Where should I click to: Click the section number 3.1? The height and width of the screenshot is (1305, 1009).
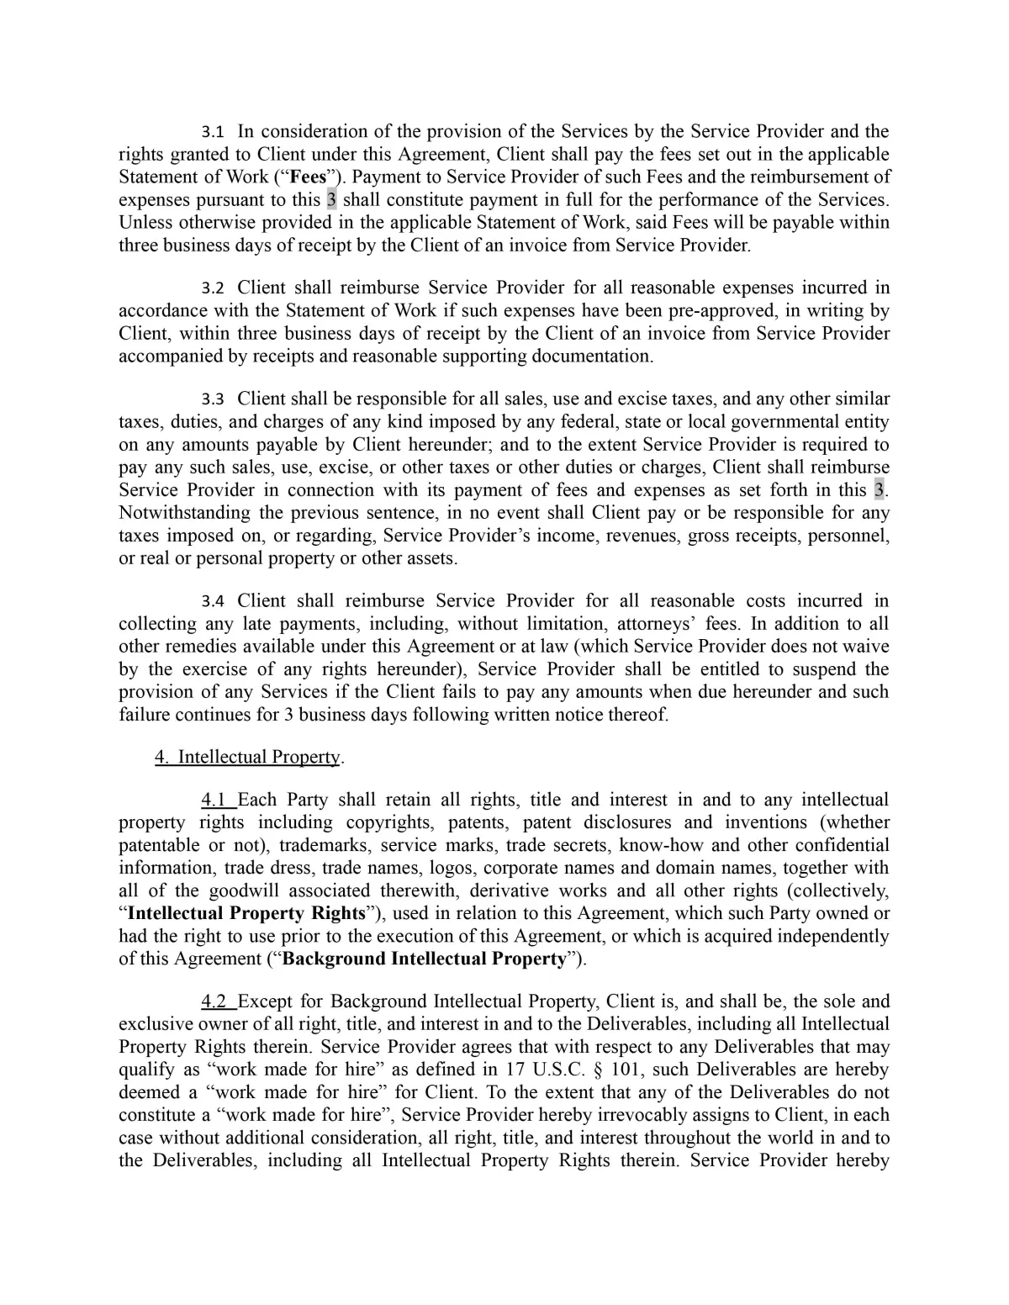(213, 132)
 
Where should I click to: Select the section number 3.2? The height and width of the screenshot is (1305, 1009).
(213, 288)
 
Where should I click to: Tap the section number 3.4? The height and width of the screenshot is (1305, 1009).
(213, 601)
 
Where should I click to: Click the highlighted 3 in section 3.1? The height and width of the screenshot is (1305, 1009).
(331, 200)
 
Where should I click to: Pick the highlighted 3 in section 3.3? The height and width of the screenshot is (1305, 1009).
(879, 490)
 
